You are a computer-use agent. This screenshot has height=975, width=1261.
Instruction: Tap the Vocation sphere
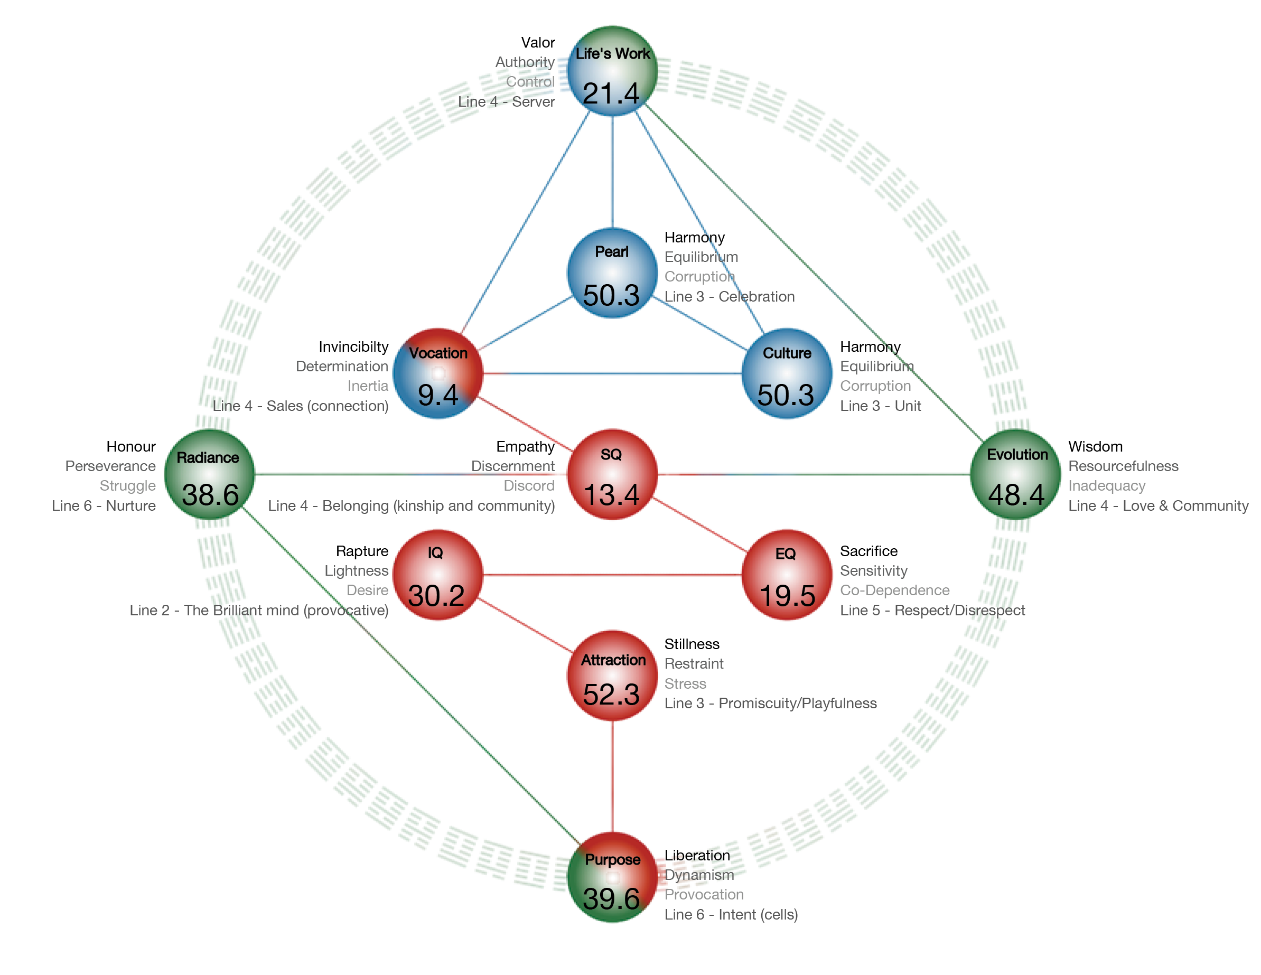437,373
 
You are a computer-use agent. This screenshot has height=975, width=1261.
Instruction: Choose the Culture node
787,373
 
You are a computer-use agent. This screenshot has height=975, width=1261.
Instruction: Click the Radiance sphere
209,475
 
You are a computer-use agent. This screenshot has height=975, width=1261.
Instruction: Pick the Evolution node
1015,475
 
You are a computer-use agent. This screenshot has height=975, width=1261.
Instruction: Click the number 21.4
611,93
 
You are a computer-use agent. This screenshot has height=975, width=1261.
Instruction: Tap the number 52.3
611,695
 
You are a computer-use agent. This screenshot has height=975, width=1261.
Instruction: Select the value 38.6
210,495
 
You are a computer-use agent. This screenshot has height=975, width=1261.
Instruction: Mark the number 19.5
788,596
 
